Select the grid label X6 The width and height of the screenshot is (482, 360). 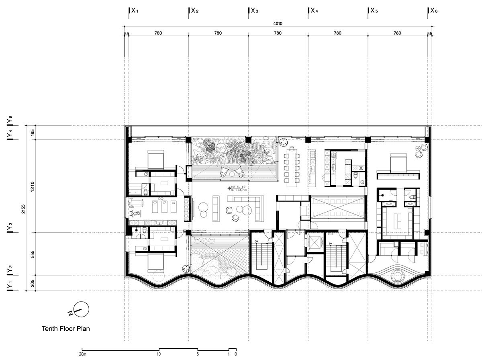434,11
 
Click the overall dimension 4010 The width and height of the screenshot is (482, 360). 278,24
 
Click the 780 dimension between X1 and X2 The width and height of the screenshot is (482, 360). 158,33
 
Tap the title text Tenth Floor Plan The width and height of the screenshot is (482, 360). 66,328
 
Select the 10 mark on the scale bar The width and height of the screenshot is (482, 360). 159,354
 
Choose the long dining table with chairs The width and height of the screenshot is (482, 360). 292,166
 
